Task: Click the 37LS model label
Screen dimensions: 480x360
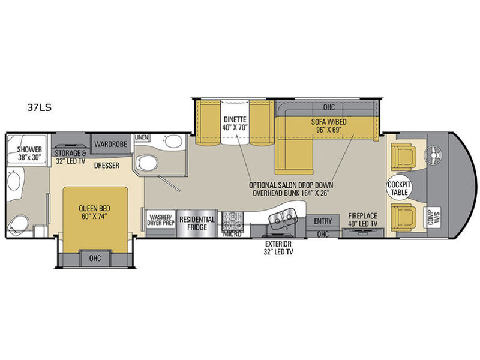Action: coord(39,107)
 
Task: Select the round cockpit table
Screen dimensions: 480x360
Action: coord(399,187)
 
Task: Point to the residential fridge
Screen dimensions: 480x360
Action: coord(197,223)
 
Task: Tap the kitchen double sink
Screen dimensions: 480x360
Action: coord(282,218)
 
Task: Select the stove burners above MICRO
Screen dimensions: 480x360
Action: coord(233,221)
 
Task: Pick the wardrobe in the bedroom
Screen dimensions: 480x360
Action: coord(110,143)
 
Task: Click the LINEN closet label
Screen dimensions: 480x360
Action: coord(142,137)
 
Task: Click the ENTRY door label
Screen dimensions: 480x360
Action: coord(323,221)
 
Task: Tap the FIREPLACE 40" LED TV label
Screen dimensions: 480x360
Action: coord(363,220)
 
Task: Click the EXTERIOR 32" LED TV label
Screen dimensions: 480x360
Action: coord(278,248)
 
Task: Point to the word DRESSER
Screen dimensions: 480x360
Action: coord(107,166)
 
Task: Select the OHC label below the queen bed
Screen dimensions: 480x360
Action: coord(95,259)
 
